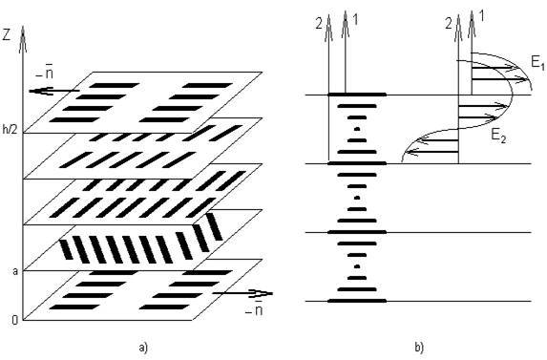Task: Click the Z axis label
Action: [6, 35]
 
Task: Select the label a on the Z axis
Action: [15, 271]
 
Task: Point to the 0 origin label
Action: [14, 320]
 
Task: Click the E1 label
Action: [537, 63]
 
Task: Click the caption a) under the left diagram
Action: [143, 348]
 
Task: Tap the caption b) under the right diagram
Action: [419, 348]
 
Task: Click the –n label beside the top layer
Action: [45, 74]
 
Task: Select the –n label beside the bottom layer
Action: [254, 309]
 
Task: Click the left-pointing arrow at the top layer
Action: [54, 91]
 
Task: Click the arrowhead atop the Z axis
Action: [23, 39]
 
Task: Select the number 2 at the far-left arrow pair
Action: [319, 25]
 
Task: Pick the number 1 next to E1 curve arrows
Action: [482, 16]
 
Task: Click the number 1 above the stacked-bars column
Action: [355, 19]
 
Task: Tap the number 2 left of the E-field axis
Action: [449, 25]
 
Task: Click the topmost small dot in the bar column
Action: [357, 129]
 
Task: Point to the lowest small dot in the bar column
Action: [357, 266]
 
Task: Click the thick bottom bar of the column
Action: [357, 301]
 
